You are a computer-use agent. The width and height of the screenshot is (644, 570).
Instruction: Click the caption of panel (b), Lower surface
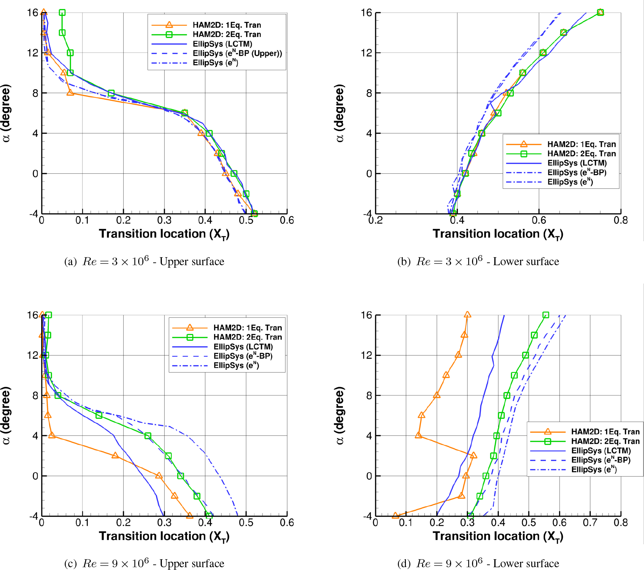coord(478,261)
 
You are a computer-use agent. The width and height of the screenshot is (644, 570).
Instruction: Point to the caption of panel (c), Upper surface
coord(144,563)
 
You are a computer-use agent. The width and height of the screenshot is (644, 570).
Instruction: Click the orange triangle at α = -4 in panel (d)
coord(395,515)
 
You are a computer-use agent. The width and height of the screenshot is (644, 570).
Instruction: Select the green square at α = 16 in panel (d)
coord(546,315)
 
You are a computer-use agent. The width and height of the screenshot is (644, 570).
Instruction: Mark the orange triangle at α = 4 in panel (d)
coord(418,435)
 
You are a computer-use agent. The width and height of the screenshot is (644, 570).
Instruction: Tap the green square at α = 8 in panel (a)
coord(111,93)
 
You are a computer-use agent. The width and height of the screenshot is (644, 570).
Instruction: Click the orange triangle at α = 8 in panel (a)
coord(70,93)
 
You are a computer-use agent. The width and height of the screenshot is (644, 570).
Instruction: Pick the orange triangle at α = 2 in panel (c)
coord(115,455)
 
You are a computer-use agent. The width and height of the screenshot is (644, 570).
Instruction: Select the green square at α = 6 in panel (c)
coord(99,415)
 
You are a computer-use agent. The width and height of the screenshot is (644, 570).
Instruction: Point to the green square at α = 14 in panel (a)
coord(62,33)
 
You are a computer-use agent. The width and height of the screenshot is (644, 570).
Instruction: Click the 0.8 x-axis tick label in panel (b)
coord(621,220)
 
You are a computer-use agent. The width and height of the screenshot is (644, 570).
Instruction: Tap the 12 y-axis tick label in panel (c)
coord(33,355)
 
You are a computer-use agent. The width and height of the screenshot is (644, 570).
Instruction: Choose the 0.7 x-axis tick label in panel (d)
coord(590,523)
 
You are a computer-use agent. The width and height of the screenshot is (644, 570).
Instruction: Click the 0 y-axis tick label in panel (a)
coord(35,173)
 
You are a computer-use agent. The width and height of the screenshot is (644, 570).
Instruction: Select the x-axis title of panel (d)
coord(498,537)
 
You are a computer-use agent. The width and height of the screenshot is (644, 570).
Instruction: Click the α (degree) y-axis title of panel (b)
coord(340,113)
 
